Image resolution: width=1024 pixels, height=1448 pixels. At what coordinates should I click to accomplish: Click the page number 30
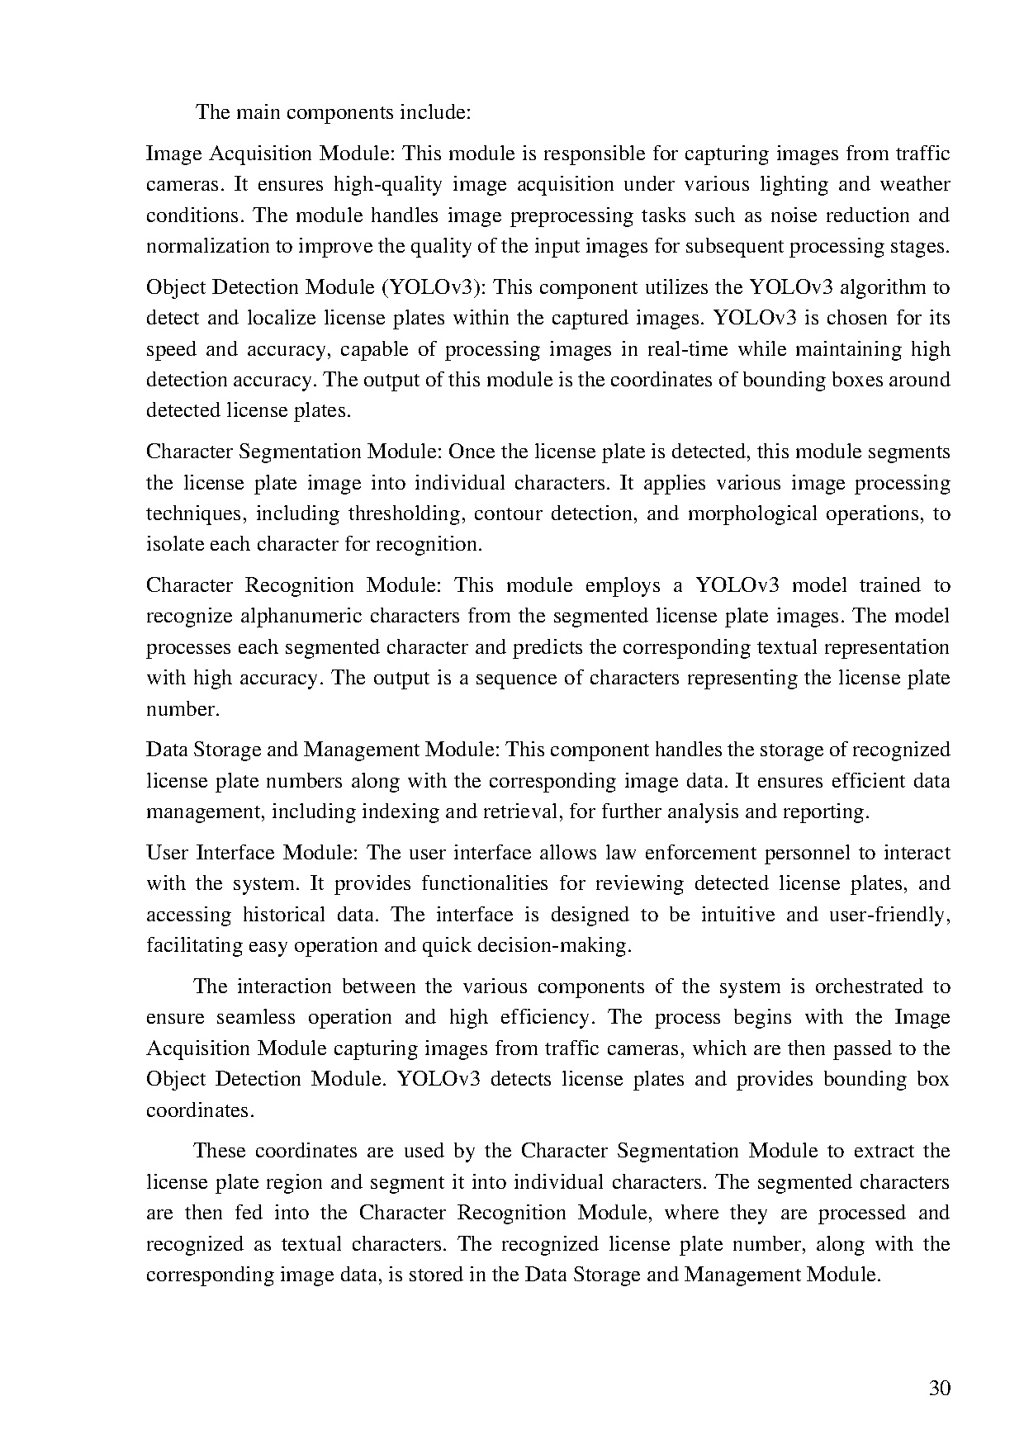pos(940,1388)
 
